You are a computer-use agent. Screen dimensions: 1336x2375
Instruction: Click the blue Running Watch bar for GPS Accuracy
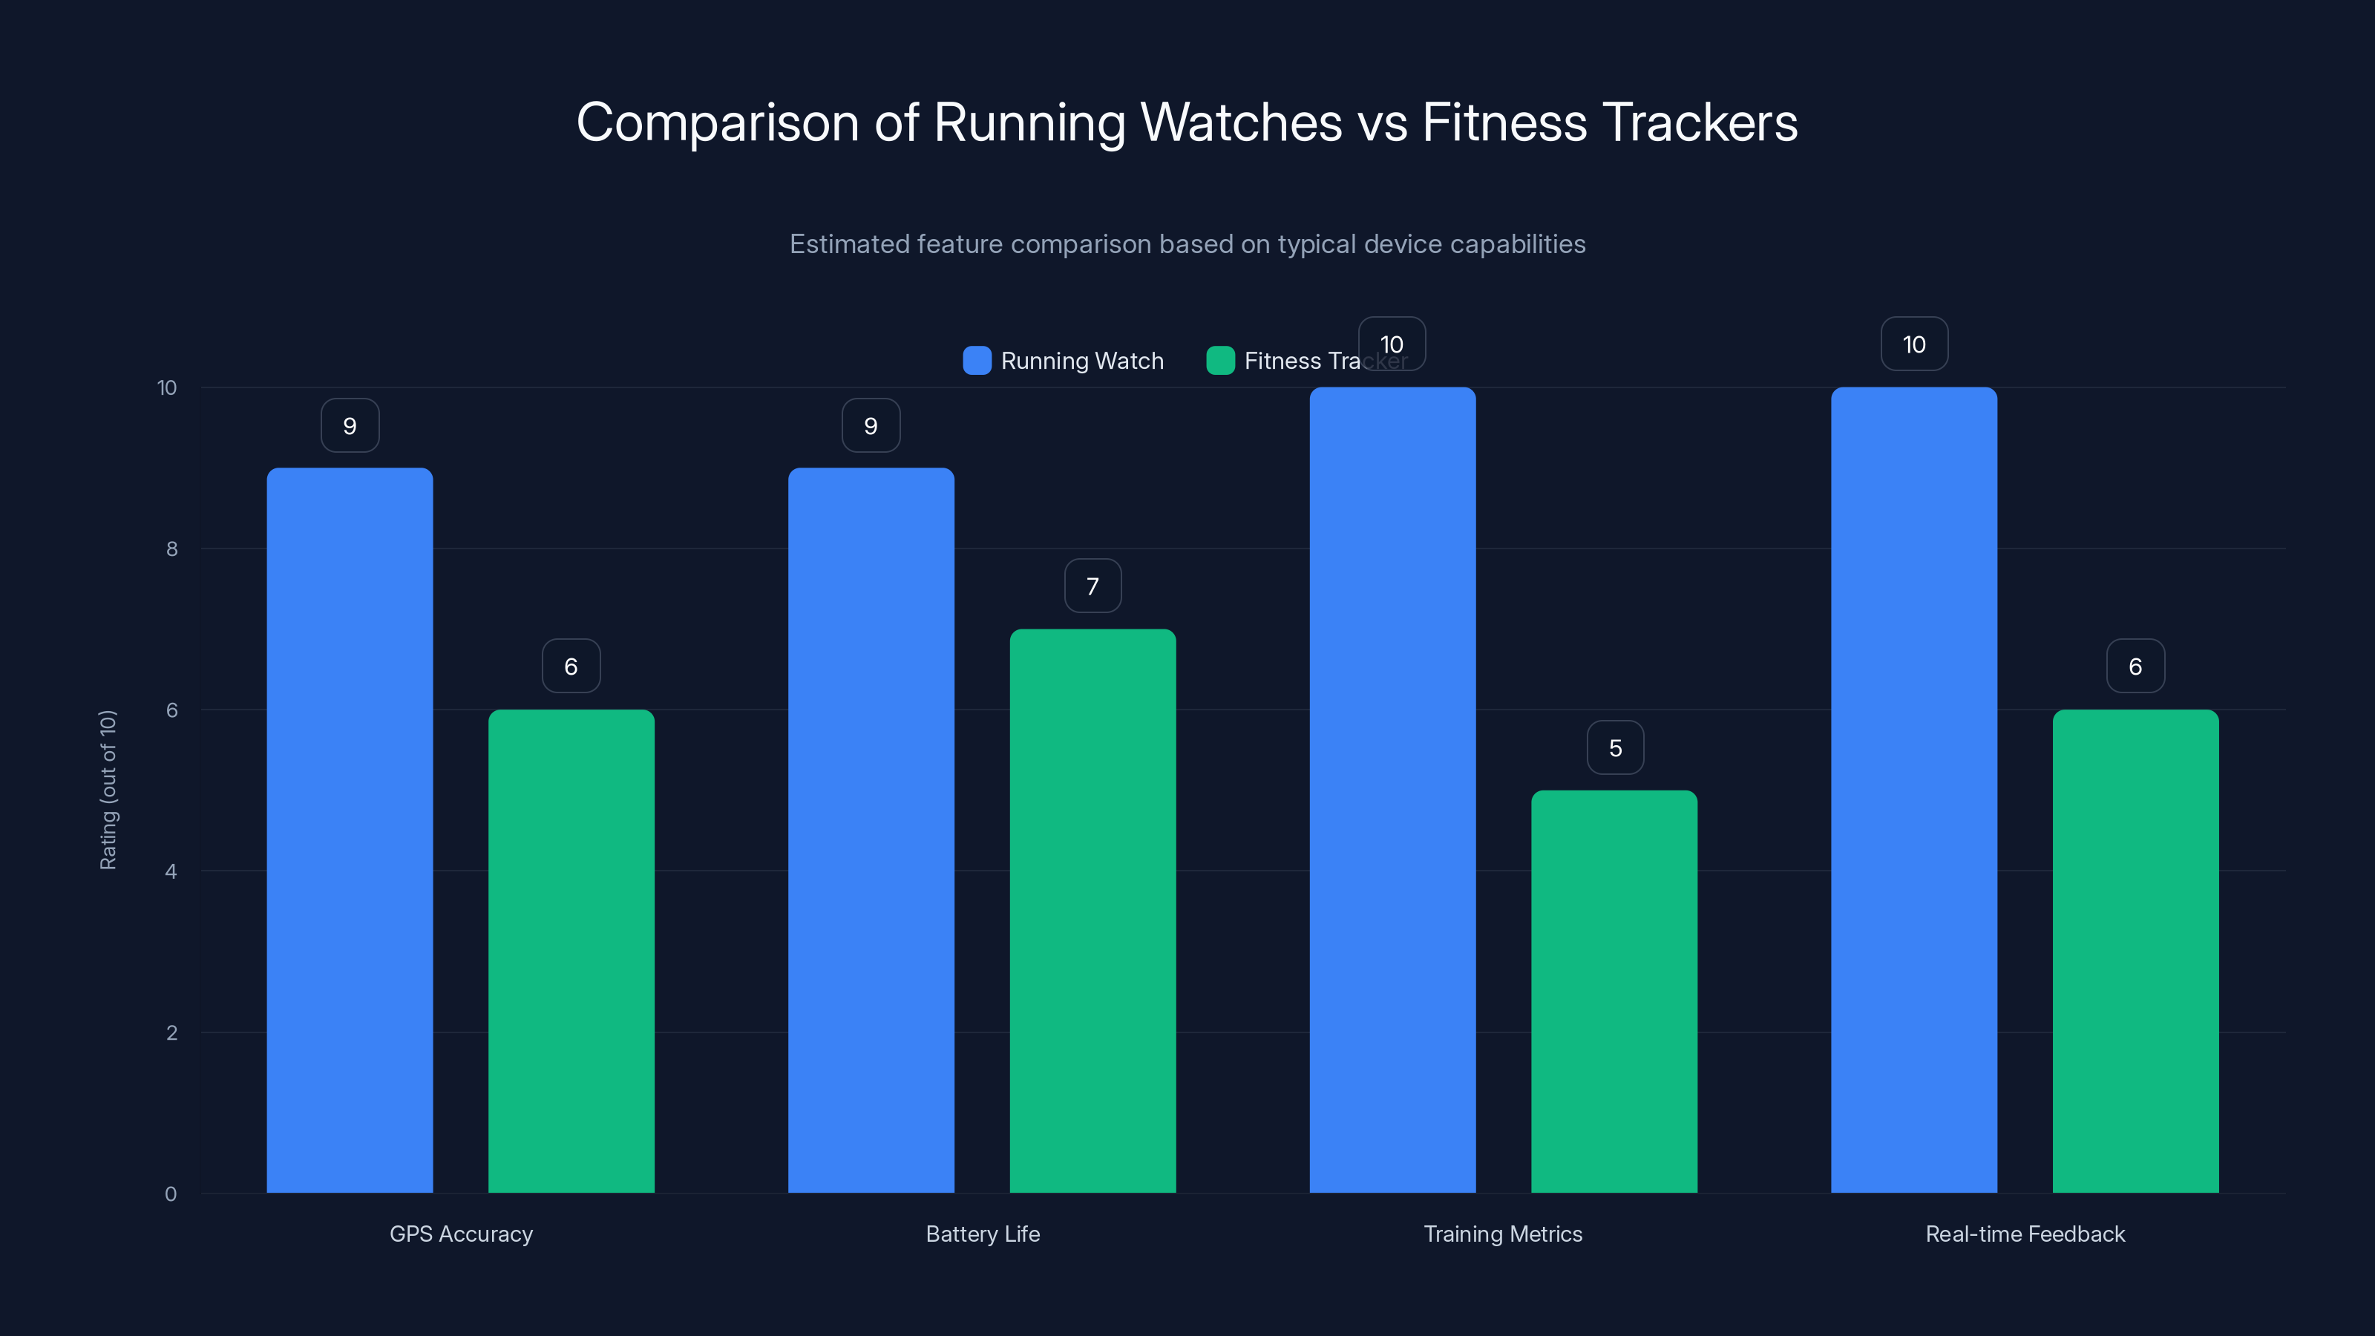click(x=350, y=830)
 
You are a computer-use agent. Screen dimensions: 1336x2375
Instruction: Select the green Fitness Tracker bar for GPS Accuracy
click(x=571, y=951)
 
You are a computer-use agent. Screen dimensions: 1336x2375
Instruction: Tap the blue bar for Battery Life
click(x=871, y=830)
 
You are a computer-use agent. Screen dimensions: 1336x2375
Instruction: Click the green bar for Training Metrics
click(x=1614, y=991)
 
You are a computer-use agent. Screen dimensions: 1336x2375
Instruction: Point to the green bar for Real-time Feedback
click(x=2135, y=951)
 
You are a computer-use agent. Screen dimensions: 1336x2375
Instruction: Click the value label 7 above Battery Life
click(x=1092, y=586)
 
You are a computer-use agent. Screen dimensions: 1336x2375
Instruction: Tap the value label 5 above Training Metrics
click(x=1614, y=747)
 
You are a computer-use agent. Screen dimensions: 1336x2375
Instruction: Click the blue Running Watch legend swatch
click(x=977, y=361)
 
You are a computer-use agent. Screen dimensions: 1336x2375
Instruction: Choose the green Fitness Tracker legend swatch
click(x=1219, y=361)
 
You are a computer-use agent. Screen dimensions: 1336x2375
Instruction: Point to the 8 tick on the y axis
click(x=171, y=549)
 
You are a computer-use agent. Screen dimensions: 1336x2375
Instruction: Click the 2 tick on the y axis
click(x=171, y=1032)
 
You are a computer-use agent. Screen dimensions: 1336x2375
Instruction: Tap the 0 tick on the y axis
click(x=171, y=1194)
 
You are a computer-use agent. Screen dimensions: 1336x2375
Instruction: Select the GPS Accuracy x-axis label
click(x=461, y=1234)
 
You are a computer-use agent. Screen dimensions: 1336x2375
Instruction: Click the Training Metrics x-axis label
click(x=1503, y=1234)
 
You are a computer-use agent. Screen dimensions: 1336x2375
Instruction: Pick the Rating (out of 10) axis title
click(x=108, y=790)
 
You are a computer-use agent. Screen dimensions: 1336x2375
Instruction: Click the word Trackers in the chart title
click(x=1701, y=122)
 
